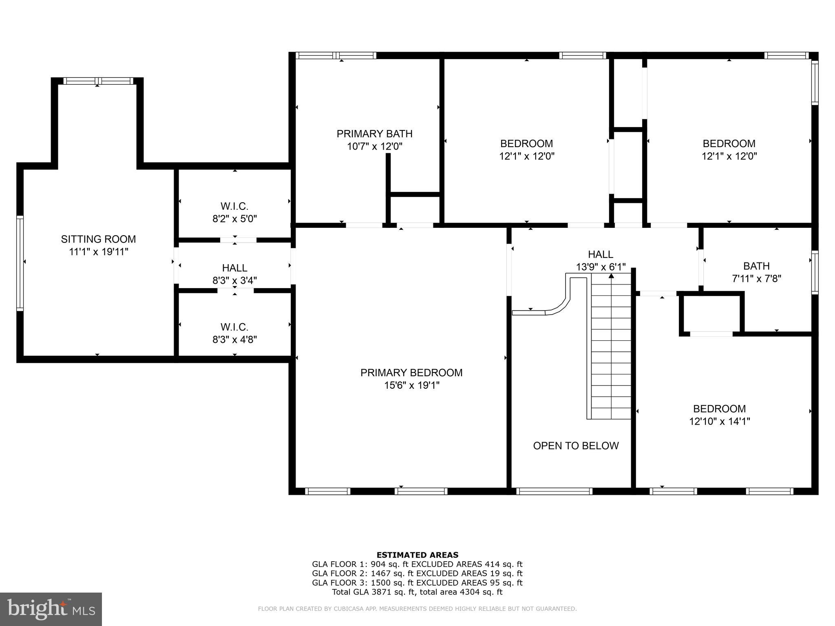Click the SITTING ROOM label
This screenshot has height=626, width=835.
point(98,239)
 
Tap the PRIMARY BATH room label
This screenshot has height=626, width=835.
point(374,134)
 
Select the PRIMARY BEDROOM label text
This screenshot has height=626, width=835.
point(411,373)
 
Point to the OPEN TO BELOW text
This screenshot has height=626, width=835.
point(576,446)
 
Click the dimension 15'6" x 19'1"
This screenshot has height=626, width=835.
point(412,386)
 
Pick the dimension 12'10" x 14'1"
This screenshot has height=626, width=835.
point(720,421)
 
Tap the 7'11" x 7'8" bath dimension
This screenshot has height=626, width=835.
point(756,279)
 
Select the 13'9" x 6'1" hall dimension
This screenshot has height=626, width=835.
point(601,267)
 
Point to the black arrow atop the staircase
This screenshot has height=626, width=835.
point(611,276)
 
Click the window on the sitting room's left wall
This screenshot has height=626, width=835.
point(20,263)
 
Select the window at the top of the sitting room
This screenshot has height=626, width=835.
point(98,81)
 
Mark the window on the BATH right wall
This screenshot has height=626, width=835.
point(815,272)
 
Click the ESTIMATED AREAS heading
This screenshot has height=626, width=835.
point(417,555)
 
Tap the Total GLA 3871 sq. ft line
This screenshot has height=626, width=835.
point(417,592)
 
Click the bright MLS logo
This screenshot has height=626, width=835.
point(51,609)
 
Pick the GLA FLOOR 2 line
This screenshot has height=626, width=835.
point(417,573)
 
